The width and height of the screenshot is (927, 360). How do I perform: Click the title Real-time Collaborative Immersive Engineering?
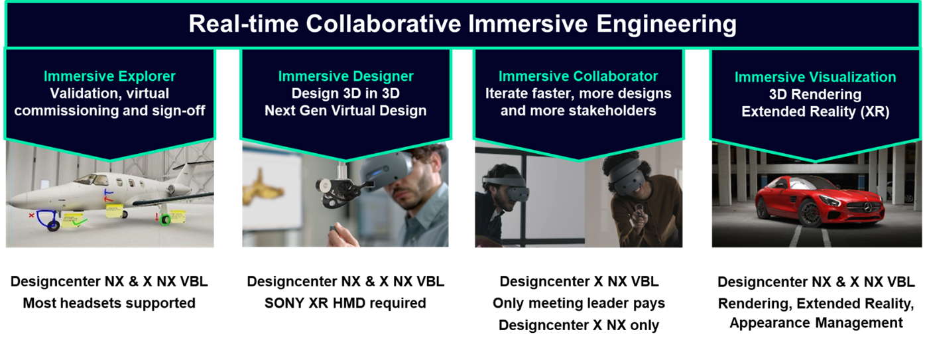point(462,24)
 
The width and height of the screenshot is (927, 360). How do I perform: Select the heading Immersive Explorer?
point(109,76)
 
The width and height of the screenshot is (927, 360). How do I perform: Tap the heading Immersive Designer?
point(345,76)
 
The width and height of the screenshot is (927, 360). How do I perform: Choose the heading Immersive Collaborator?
point(578,76)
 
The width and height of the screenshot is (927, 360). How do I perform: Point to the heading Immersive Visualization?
point(815,78)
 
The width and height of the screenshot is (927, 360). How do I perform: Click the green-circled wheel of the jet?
point(166,219)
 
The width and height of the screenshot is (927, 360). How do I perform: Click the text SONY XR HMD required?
point(345,303)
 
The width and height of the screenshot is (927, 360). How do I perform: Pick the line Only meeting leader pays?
point(579,304)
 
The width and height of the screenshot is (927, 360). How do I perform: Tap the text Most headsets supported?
point(109,303)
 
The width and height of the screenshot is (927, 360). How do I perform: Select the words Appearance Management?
point(816,323)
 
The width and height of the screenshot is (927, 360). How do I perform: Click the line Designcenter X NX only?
point(579,326)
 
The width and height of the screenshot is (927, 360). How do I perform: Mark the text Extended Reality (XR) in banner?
point(815,112)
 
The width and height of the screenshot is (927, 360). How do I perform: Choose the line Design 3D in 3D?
point(345,93)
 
